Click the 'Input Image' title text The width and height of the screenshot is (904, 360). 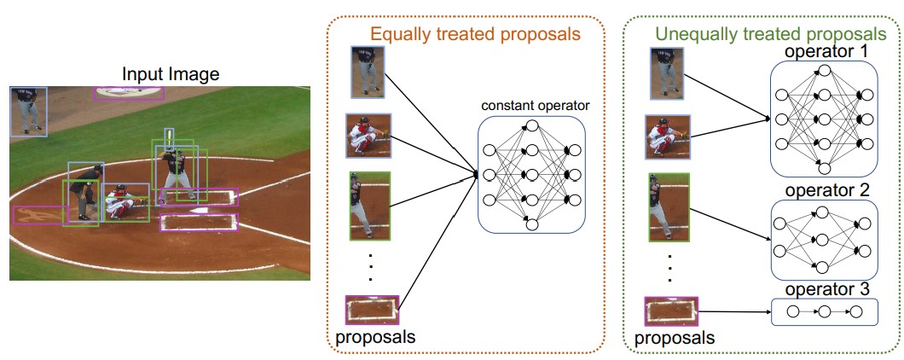[171, 74]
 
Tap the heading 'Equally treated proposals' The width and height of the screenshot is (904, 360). [475, 34]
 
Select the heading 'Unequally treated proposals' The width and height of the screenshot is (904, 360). [770, 33]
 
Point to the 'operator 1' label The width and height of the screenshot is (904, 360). [826, 52]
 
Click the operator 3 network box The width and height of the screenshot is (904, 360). [825, 311]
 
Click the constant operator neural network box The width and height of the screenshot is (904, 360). [531, 175]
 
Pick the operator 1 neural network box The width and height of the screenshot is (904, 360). [825, 119]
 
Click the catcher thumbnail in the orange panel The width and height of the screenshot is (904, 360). [368, 136]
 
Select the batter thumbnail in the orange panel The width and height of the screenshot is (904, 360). [370, 206]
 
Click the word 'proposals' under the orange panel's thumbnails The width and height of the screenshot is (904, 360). [374, 336]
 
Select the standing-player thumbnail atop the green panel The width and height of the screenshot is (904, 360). [668, 73]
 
